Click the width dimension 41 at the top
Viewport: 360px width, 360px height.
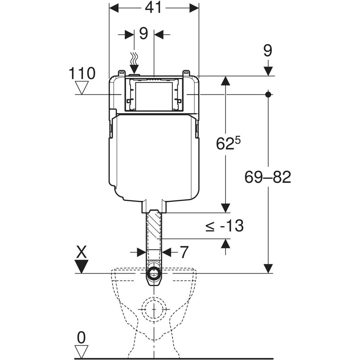point(153,8)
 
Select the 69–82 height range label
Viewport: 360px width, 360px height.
point(267,177)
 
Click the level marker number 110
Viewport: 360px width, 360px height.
point(82,73)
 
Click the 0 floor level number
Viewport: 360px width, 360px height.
point(82,337)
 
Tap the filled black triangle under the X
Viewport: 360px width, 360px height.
point(82,267)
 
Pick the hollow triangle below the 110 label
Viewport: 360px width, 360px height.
point(82,87)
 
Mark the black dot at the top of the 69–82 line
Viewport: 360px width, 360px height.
point(268,94)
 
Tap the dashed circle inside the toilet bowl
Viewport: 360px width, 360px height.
point(154,309)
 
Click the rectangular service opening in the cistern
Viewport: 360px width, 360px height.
point(154,95)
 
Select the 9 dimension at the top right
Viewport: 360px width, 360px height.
point(267,51)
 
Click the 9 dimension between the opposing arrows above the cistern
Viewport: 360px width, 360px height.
point(143,34)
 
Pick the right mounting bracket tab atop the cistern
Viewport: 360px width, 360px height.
point(186,73)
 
